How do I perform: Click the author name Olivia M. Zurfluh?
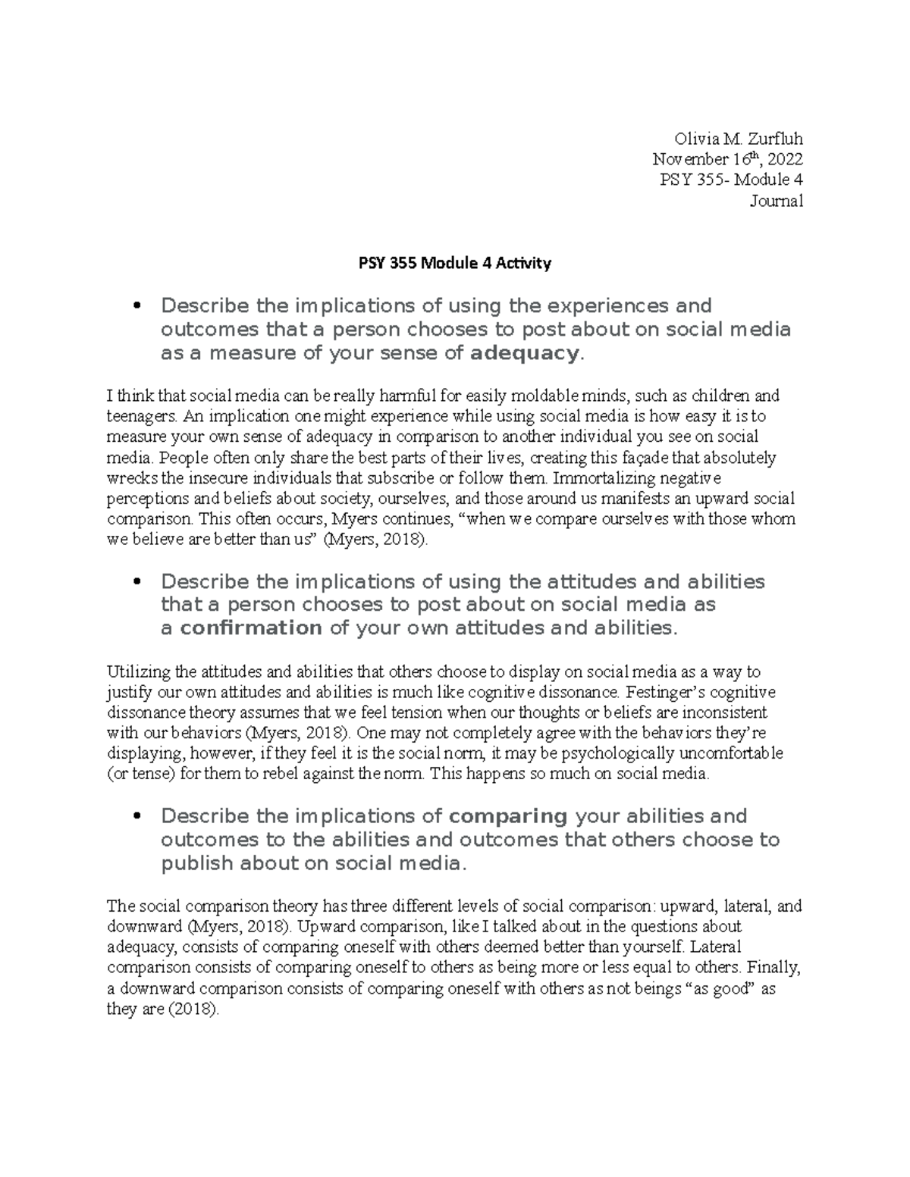pyautogui.click(x=738, y=139)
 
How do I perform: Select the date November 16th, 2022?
pyautogui.click(x=727, y=159)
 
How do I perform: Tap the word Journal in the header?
pyautogui.click(x=776, y=201)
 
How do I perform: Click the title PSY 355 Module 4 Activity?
pyautogui.click(x=454, y=264)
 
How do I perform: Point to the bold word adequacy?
pyautogui.click(x=524, y=353)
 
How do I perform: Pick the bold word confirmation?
pyautogui.click(x=251, y=628)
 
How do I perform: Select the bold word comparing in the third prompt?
pyautogui.click(x=508, y=816)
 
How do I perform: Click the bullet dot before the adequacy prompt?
pyautogui.click(x=137, y=306)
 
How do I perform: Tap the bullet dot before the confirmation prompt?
pyautogui.click(x=137, y=582)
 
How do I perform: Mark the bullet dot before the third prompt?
pyautogui.click(x=137, y=816)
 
